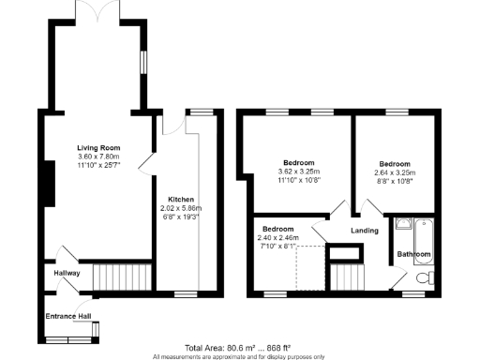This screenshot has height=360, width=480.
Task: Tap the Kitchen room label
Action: pos(180,200)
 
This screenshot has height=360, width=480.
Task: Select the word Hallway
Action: pos(66,274)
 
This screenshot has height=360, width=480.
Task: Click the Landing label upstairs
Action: pos(365,230)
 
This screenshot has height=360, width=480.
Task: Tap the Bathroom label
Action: pos(413,254)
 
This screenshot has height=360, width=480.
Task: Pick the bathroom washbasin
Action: pos(402,223)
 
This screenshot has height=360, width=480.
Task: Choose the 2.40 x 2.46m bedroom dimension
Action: pos(279,238)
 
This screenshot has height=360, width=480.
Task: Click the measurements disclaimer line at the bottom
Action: pos(240,356)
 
